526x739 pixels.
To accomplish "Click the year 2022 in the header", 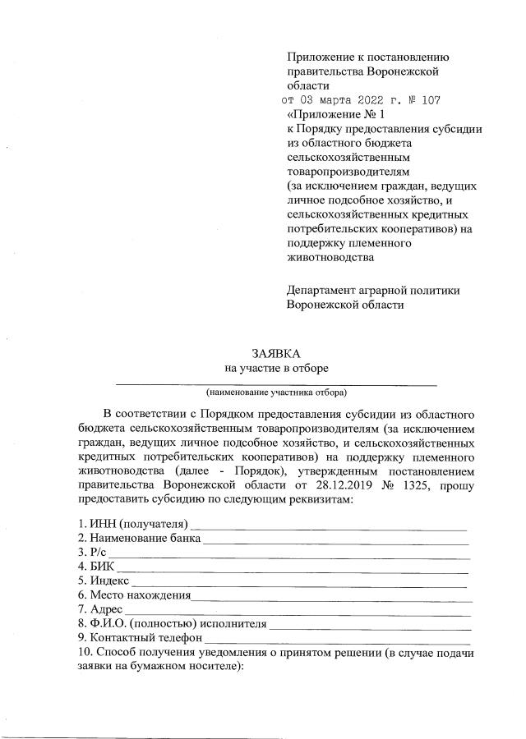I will (x=364, y=100).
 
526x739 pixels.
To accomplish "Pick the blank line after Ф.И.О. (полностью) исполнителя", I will (x=371, y=625).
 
